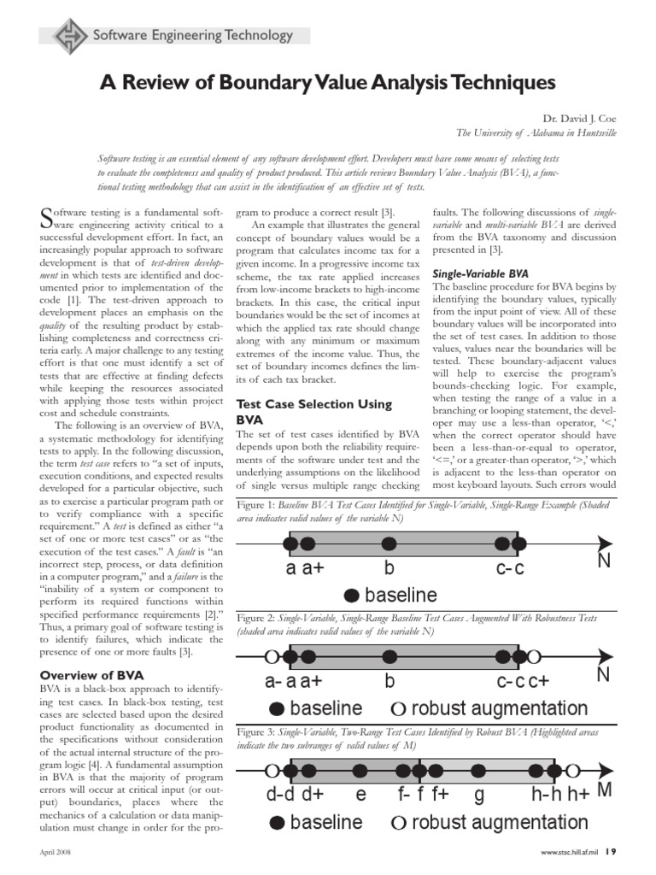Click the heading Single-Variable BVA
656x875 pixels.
(x=482, y=273)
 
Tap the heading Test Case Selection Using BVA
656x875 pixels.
(x=313, y=412)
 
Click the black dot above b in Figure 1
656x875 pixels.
(x=389, y=542)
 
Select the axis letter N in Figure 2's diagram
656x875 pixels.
(x=603, y=674)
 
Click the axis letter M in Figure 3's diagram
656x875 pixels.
(x=605, y=789)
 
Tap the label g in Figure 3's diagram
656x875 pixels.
(x=479, y=796)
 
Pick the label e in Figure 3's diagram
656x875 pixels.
(x=361, y=796)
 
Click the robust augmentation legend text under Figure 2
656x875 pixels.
(x=500, y=708)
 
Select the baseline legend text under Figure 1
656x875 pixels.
(x=401, y=595)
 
